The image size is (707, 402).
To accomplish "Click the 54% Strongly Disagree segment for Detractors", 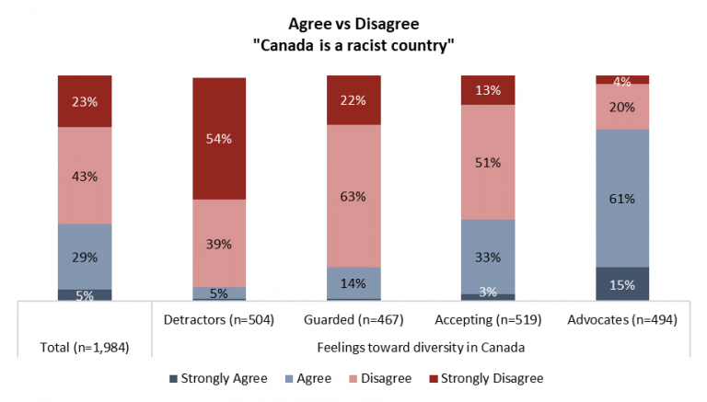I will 219,138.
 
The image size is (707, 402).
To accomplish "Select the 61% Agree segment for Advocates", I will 622,198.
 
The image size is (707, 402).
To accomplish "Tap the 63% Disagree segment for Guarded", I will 353,195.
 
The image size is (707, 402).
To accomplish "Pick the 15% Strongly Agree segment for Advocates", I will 622,283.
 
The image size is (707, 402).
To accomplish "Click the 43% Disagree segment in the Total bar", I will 84,175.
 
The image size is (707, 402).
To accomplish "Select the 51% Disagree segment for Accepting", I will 488,162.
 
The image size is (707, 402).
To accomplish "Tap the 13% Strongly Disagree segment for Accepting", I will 488,90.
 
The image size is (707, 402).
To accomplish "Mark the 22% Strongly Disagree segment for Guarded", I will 353,99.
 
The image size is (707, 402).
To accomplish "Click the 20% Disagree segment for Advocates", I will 622,106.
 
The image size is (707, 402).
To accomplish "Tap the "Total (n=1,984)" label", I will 84,347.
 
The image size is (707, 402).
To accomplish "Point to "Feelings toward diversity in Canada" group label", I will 421,347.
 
